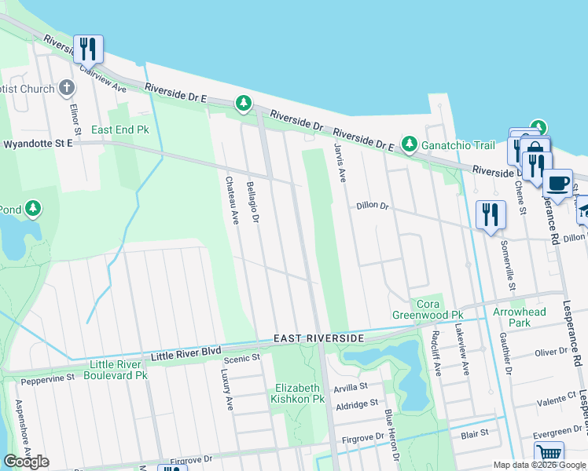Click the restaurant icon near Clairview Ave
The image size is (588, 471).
coord(88,49)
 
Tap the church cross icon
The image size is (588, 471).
coord(67,86)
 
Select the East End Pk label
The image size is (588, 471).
coord(120,130)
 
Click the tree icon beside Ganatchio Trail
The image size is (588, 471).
coord(409,144)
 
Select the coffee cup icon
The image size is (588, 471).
coord(557,184)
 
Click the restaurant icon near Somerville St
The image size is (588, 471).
coord(491,214)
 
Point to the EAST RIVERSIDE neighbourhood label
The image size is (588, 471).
coord(318,338)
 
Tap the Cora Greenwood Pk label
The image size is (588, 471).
coord(428,309)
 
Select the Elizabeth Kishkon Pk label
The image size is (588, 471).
coord(299,393)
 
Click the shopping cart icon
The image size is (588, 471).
coord(549,454)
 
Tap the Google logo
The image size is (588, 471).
coord(26,462)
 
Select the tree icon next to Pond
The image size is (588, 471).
coord(32,209)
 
